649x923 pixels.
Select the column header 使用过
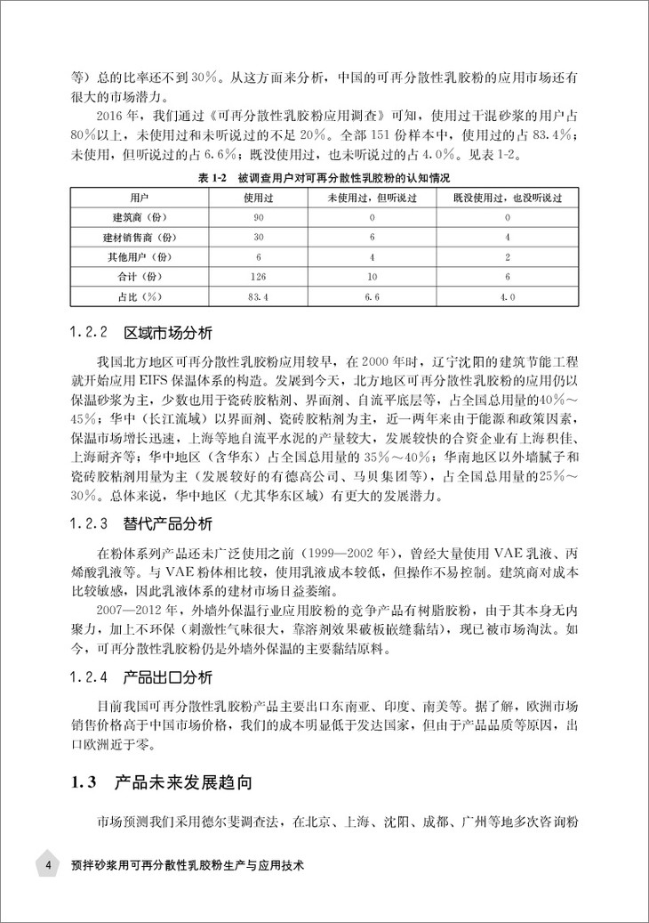coord(259,197)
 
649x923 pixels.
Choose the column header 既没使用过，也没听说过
coord(507,197)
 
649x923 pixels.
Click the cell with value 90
coord(259,216)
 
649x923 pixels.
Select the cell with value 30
coord(259,236)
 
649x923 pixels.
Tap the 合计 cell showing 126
coord(259,275)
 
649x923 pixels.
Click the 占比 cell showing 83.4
coord(259,295)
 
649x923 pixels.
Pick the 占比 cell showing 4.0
coord(507,295)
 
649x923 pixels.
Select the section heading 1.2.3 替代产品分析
coord(141,523)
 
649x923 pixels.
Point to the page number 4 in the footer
coord(48,864)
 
